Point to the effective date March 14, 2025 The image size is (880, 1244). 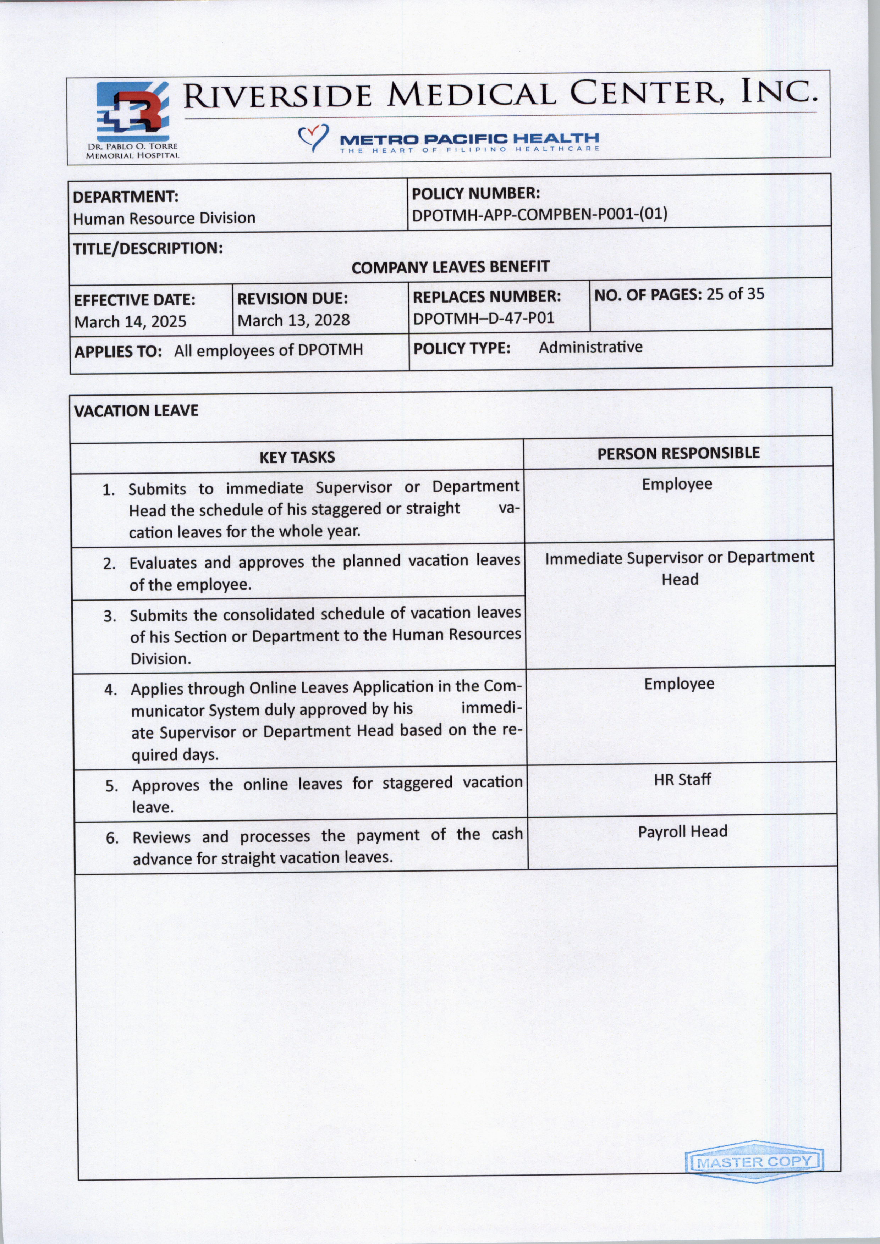coord(130,322)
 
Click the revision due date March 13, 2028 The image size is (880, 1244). coord(294,320)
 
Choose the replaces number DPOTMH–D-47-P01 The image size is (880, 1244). coord(483,318)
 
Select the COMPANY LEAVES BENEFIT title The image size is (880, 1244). coord(450,267)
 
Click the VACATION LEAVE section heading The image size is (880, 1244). coord(136,411)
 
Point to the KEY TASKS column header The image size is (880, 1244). coord(297,457)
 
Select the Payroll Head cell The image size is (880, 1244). coord(682,832)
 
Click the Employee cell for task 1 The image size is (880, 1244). coord(677,484)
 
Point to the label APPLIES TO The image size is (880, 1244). coord(118,352)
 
